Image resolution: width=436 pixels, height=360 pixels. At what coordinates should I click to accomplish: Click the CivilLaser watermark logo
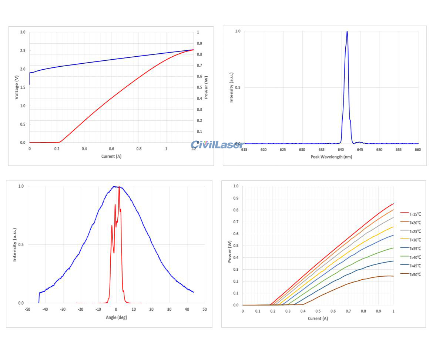(217, 145)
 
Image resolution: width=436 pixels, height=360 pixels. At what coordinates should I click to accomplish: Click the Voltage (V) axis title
(17, 87)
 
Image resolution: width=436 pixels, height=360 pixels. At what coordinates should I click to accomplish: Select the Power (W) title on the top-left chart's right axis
(206, 87)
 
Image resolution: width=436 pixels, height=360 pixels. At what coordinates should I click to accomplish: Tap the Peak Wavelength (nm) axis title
(331, 157)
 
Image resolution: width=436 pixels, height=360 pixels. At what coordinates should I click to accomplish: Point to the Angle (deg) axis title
(116, 317)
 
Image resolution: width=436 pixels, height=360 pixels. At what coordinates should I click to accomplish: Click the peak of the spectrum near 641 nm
(347, 31)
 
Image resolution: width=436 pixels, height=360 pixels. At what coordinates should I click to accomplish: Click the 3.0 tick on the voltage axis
(23, 32)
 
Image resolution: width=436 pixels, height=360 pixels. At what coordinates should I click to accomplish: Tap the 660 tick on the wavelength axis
(418, 150)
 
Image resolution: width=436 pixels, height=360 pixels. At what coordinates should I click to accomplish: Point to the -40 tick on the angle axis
(45, 309)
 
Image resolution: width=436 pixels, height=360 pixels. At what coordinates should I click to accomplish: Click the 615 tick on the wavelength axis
(244, 150)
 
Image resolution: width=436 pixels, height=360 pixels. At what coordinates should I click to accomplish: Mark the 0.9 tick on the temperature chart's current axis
(378, 311)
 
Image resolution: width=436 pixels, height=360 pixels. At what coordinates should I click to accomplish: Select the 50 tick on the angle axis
(204, 309)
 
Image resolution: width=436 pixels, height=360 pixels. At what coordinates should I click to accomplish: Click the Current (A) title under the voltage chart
(111, 156)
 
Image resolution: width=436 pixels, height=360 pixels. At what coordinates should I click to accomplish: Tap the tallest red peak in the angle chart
(119, 187)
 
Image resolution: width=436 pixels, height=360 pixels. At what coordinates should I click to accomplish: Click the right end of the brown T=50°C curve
(393, 276)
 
